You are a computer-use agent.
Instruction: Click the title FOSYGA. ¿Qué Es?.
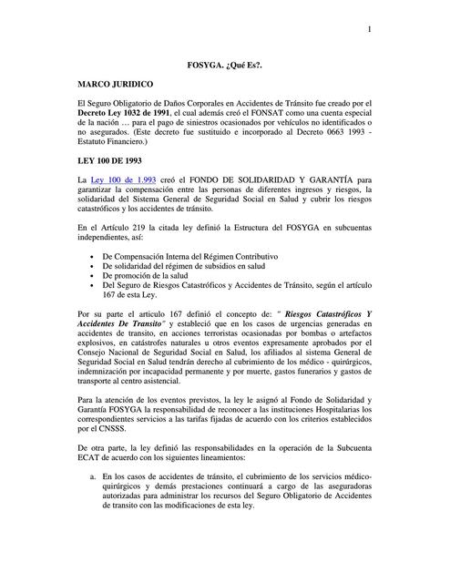click(226, 66)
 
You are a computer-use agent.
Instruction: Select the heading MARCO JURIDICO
click(118, 83)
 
